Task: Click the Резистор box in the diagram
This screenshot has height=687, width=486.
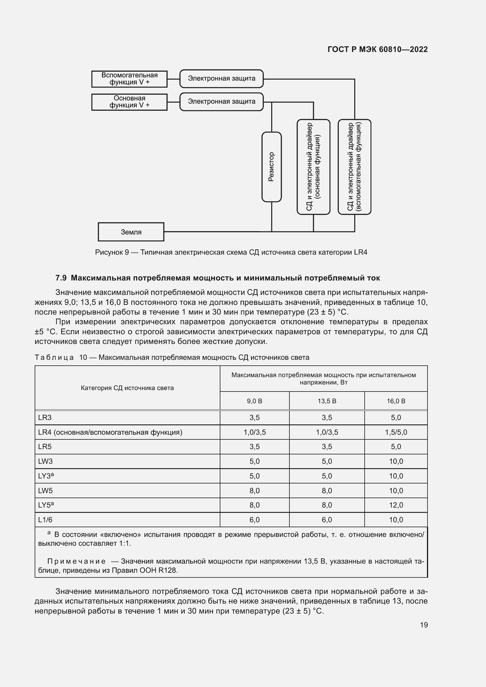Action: coord(272,167)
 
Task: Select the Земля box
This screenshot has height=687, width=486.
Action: coord(131,232)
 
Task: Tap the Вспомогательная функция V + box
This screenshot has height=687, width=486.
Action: coord(129,79)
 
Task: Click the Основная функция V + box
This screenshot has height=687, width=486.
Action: coord(129,102)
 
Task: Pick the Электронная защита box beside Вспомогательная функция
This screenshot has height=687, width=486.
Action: coord(222,78)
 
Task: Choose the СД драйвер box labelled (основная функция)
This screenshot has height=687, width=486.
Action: coord(313,167)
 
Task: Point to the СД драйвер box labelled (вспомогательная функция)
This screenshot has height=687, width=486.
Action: coord(354,167)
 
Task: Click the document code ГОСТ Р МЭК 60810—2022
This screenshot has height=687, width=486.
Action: coord(378,50)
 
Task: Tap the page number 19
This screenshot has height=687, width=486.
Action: coord(424,625)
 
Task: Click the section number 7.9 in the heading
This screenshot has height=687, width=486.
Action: coord(61,278)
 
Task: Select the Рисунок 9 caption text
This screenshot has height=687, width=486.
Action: coord(231,252)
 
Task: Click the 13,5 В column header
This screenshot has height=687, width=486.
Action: coord(327,401)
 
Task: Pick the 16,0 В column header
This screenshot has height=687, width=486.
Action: coord(396,401)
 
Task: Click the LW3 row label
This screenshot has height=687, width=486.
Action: coord(46,461)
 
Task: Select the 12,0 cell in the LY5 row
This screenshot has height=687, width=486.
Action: coord(396,505)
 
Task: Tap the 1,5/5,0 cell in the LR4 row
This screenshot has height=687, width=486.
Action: coord(396,432)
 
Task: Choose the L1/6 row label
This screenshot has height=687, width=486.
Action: coord(45,520)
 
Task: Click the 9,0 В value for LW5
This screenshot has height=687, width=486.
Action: coord(254,491)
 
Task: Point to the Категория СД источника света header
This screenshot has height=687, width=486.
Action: coord(127,388)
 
